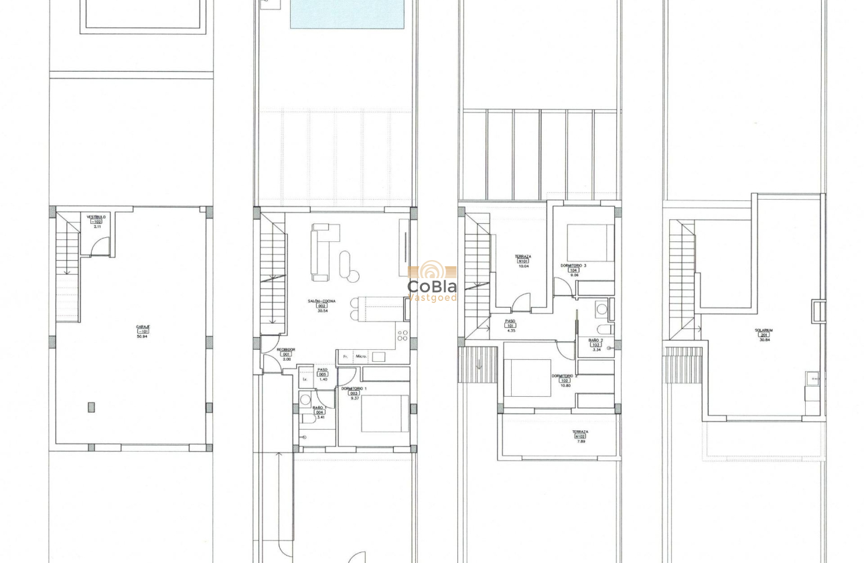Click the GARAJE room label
pos(143,326)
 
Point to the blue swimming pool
pos(347,14)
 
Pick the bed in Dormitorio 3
pos(590,243)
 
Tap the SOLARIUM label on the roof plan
pos(764,330)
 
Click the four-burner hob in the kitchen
pos(402,333)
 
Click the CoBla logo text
pos(432,286)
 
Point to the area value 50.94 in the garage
pos(142,336)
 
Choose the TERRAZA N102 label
pos(580,432)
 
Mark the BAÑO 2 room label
pos(595,340)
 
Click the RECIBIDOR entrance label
pos(286,349)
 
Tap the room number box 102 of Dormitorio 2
pos(565,381)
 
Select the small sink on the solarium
pos(812,378)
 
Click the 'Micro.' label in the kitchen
pos(361,357)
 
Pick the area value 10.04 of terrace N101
pos(523,266)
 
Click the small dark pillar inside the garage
pos(91,407)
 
